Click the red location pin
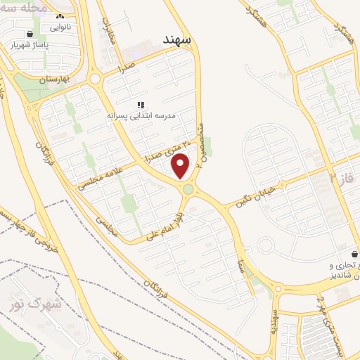pyautogui.click(x=181, y=167)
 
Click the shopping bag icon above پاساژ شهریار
pyautogui.click(x=29, y=33)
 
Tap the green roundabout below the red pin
pyautogui.click(x=188, y=189)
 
